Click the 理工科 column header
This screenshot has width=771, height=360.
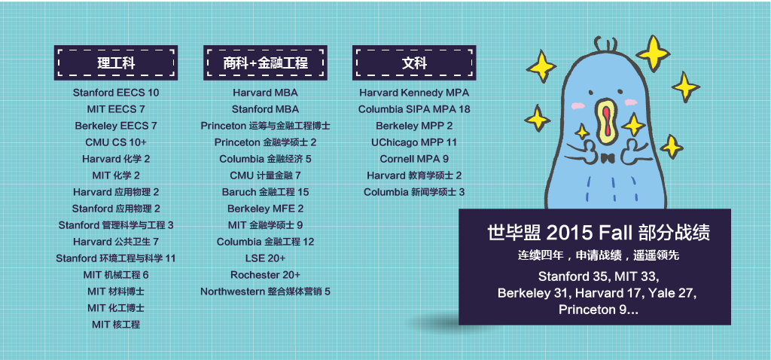click(115, 63)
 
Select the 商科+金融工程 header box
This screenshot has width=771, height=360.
click(265, 63)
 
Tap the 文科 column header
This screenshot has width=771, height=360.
click(414, 63)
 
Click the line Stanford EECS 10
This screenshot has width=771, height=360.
click(116, 93)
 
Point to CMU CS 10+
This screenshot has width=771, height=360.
click(116, 142)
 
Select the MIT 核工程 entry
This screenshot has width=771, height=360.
click(116, 325)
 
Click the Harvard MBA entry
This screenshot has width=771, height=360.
click(266, 93)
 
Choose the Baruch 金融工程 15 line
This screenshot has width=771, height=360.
click(266, 192)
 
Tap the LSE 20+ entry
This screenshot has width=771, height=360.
click(266, 258)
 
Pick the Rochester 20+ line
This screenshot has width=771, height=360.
click(266, 275)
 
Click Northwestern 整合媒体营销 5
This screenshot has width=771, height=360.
click(266, 291)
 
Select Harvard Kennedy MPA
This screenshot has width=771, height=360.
click(414, 93)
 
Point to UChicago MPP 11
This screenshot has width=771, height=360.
click(414, 142)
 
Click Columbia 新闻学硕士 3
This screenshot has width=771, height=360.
click(414, 192)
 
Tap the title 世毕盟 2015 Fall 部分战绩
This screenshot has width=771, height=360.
click(599, 233)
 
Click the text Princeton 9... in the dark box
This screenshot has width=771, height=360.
click(599, 310)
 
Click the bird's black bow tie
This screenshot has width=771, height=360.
click(608, 158)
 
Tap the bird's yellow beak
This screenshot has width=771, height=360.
click(608, 126)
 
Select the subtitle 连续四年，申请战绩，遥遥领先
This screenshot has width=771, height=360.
click(599, 256)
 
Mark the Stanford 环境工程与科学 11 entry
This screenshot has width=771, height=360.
click(116, 258)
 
